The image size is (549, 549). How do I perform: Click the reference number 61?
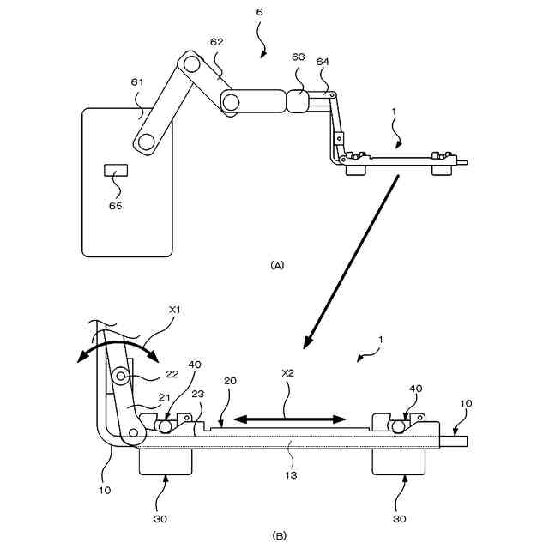pos(138,82)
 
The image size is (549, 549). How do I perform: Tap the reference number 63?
pos(299,57)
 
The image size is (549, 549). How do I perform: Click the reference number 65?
pos(116,206)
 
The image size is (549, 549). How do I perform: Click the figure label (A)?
pos(276,266)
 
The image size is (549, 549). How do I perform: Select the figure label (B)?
pos(279,535)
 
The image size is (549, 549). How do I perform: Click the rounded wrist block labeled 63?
pos(298,100)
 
